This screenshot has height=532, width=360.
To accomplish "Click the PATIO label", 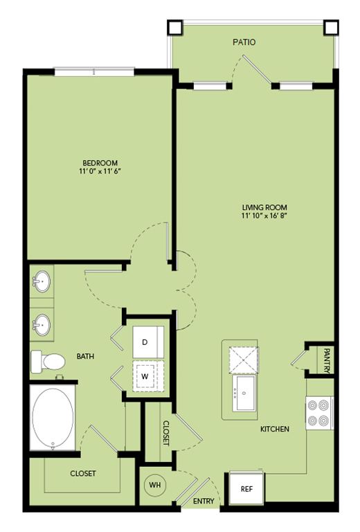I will click(244, 42).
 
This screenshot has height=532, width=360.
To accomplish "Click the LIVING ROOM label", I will click(264, 207).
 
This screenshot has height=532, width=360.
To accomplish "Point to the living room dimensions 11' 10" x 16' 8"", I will click(264, 216).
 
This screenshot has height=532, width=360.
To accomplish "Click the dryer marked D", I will click(150, 342).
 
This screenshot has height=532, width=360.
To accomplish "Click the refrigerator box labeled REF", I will click(246, 488).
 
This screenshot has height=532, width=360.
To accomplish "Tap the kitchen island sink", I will click(246, 392).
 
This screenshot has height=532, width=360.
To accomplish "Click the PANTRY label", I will click(326, 360).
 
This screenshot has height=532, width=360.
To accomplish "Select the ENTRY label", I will click(203, 501).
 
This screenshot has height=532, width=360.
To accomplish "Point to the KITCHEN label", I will click(274, 429).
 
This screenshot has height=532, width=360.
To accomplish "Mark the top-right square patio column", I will click(332, 27).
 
